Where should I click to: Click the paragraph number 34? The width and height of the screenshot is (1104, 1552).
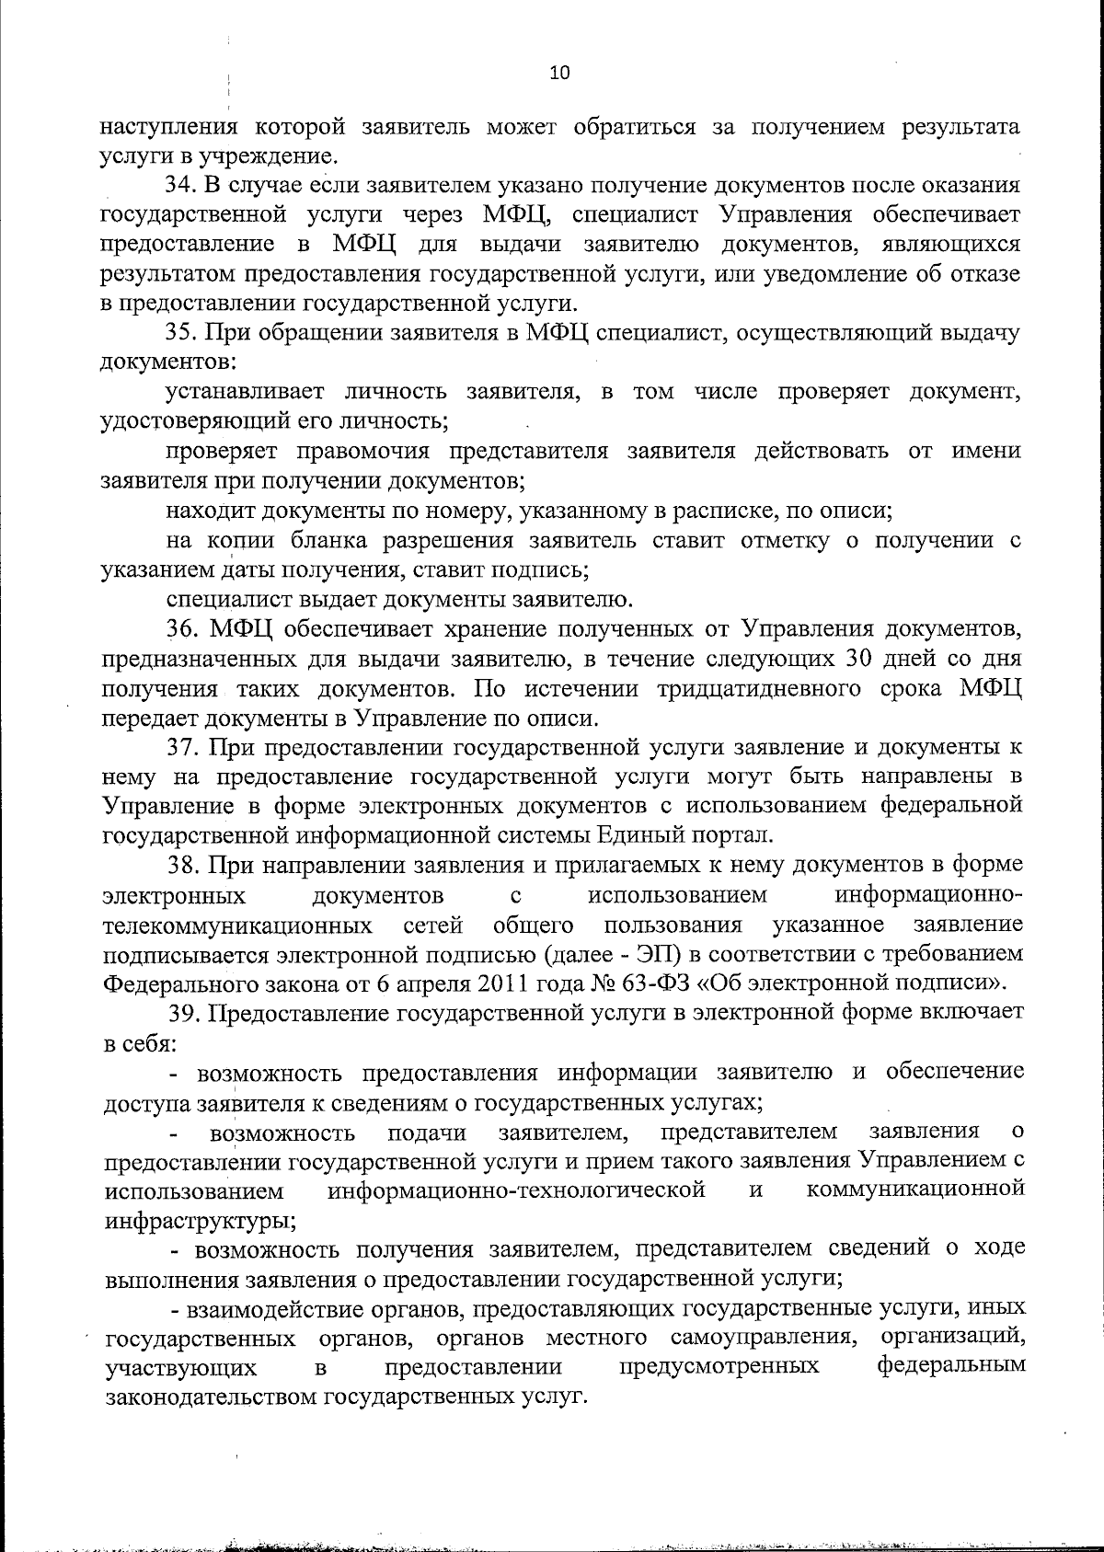pyautogui.click(x=180, y=185)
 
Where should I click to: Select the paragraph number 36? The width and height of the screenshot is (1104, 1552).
pyautogui.click(x=181, y=630)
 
